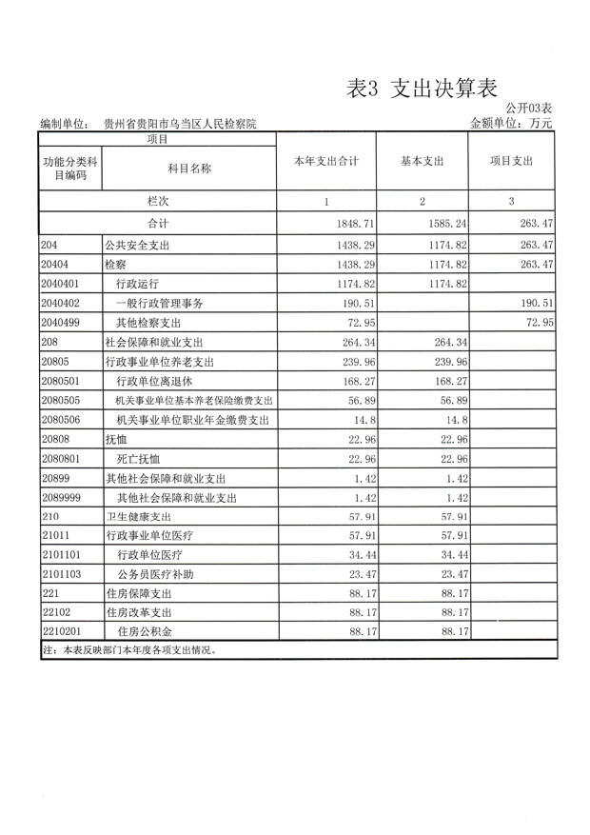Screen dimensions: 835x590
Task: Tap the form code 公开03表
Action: (x=529, y=109)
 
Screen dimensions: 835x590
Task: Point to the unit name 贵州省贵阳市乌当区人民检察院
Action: (x=180, y=124)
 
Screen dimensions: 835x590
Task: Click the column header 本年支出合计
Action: (x=325, y=162)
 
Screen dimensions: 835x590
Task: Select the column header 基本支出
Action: (x=423, y=162)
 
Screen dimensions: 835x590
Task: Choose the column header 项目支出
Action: (x=511, y=162)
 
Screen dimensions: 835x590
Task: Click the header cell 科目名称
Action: (x=188, y=169)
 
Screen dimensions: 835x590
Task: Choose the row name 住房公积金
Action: (x=145, y=632)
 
